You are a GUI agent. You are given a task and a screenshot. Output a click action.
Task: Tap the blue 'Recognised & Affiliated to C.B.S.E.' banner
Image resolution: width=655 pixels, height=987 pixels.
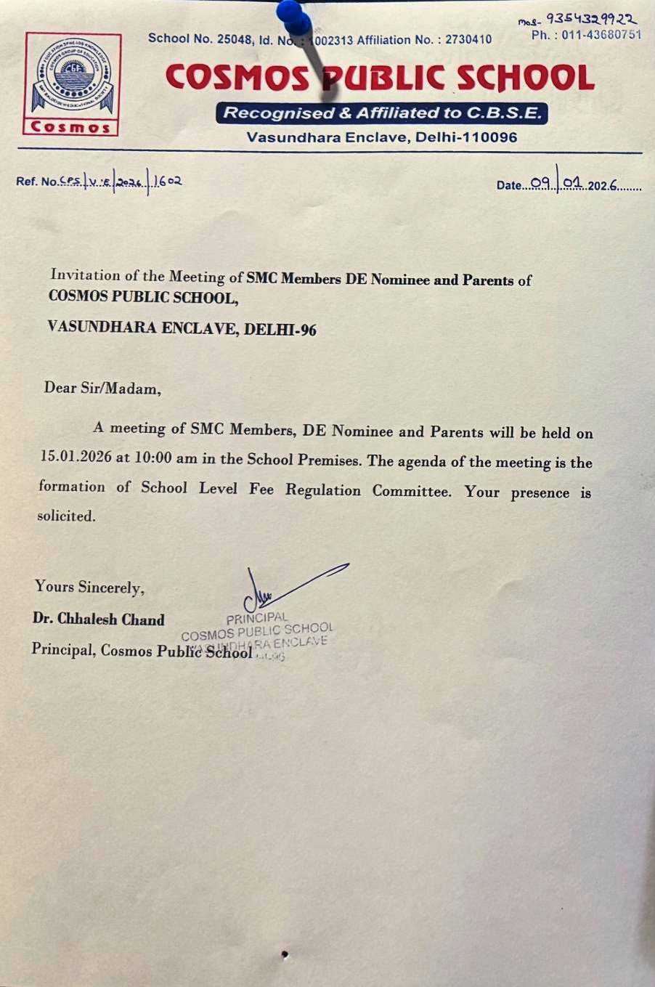(x=382, y=113)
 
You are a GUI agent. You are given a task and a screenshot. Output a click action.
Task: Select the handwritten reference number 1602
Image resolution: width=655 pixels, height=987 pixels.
(x=168, y=180)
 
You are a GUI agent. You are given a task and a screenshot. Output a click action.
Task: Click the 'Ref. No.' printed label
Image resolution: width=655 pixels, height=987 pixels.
(x=36, y=182)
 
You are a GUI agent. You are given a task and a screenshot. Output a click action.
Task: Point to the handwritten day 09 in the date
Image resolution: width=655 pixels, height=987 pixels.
(x=542, y=184)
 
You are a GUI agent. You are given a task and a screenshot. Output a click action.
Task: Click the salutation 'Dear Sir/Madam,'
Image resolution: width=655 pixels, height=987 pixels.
(x=102, y=388)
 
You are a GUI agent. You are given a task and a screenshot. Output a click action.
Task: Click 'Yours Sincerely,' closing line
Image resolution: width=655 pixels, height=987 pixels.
(x=89, y=587)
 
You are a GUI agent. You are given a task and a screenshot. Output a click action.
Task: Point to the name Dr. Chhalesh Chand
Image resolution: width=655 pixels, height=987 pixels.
(x=98, y=619)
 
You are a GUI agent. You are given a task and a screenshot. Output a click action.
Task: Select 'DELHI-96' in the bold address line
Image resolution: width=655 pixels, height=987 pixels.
(x=280, y=329)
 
